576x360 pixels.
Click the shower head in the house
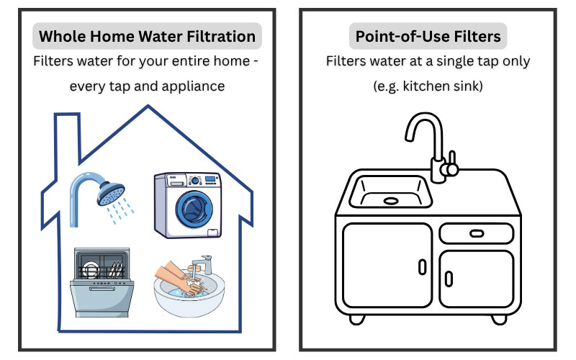pyautogui.click(x=111, y=194)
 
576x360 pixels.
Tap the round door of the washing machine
pyautogui.click(x=194, y=209)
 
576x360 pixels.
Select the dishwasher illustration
pyautogui.click(x=102, y=282)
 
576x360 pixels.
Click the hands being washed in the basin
pyautogui.click(x=179, y=277)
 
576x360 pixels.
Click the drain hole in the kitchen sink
pyautogui.click(x=391, y=201)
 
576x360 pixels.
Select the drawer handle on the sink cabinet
pyautogui.click(x=477, y=233)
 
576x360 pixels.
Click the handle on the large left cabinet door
pyautogui.click(x=423, y=267)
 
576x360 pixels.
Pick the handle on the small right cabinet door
pyautogui.click(x=449, y=279)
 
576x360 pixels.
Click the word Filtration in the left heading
pyautogui.click(x=221, y=37)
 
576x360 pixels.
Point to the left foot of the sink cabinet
pyautogui.click(x=356, y=319)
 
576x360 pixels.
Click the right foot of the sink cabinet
pyautogui.click(x=499, y=319)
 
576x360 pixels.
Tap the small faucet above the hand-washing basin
pyautogui.click(x=203, y=264)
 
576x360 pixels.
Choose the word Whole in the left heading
pyautogui.click(x=63, y=37)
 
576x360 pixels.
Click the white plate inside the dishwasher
pyautogui.click(x=89, y=270)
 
